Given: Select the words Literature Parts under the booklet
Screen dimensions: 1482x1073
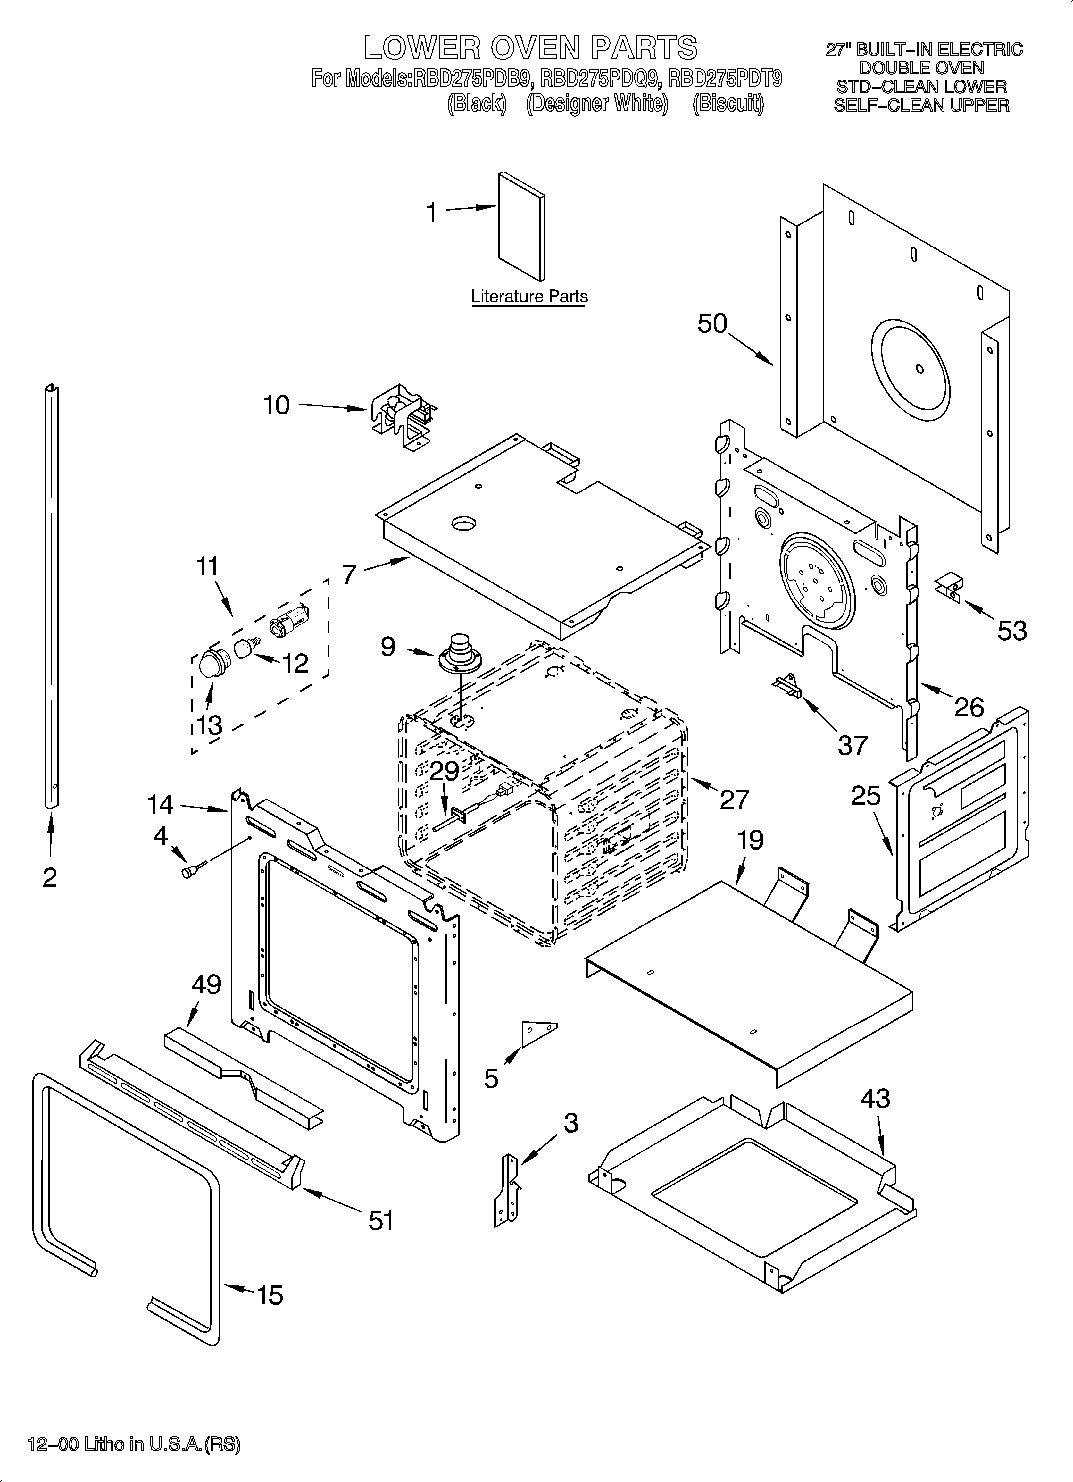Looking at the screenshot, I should point(529,297).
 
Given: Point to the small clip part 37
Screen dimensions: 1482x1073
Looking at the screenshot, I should point(787,686).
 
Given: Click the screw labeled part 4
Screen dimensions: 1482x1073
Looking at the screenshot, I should point(194,871).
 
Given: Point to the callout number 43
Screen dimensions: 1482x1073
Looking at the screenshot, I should point(875,1099).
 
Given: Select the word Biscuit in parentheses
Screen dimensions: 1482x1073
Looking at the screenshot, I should point(728,104).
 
